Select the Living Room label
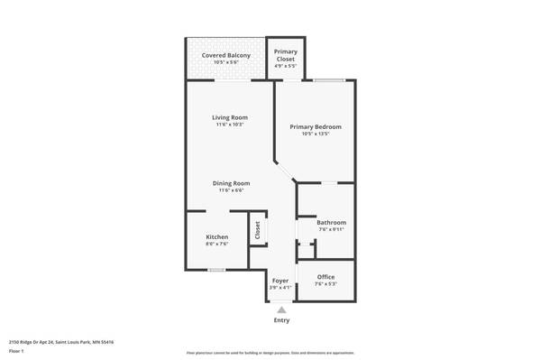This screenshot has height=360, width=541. (x=230, y=117)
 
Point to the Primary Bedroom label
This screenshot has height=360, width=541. (x=315, y=127)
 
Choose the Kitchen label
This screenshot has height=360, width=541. (x=217, y=236)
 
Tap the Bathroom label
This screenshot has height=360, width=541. (x=331, y=222)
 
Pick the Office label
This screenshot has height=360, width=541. (x=326, y=277)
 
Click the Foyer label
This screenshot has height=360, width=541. (x=280, y=281)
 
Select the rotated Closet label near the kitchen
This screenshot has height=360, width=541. (x=257, y=229)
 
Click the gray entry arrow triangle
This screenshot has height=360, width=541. (x=281, y=309)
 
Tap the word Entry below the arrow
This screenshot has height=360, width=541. (x=281, y=320)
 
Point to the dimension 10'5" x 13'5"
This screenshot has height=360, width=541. (x=315, y=134)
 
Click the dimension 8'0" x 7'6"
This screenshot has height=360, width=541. (x=217, y=244)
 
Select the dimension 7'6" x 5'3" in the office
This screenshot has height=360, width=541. (x=326, y=284)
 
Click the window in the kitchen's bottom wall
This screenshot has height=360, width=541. (x=216, y=270)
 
